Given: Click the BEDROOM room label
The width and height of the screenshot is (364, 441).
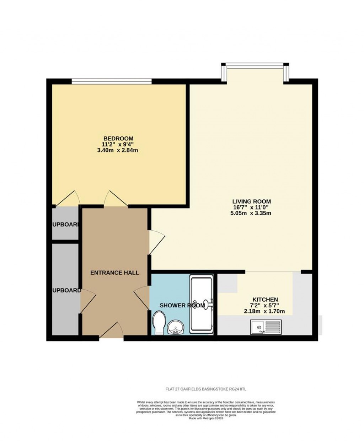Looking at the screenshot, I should tap(118, 138).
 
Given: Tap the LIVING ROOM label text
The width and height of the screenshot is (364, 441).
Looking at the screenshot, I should tap(251, 201).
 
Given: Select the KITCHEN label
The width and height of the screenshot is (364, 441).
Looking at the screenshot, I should tap(265, 300).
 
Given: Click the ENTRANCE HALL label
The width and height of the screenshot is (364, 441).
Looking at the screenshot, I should tap(114, 273).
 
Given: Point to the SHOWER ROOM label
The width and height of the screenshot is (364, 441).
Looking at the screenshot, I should tap(182, 305).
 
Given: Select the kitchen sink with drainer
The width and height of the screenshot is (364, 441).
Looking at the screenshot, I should tap(266, 326).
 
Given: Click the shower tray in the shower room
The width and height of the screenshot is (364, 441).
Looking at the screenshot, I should tap(201, 304).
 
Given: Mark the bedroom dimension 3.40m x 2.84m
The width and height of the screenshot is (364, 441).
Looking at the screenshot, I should tap(118, 150).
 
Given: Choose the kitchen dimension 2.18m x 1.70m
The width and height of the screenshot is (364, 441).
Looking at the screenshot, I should tap(264, 311).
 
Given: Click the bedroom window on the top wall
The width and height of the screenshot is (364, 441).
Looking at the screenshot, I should tap(112, 81).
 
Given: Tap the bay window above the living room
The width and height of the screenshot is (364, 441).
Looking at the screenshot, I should tap(255, 66).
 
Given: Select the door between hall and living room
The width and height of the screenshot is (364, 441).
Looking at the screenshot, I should tap(156, 242).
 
